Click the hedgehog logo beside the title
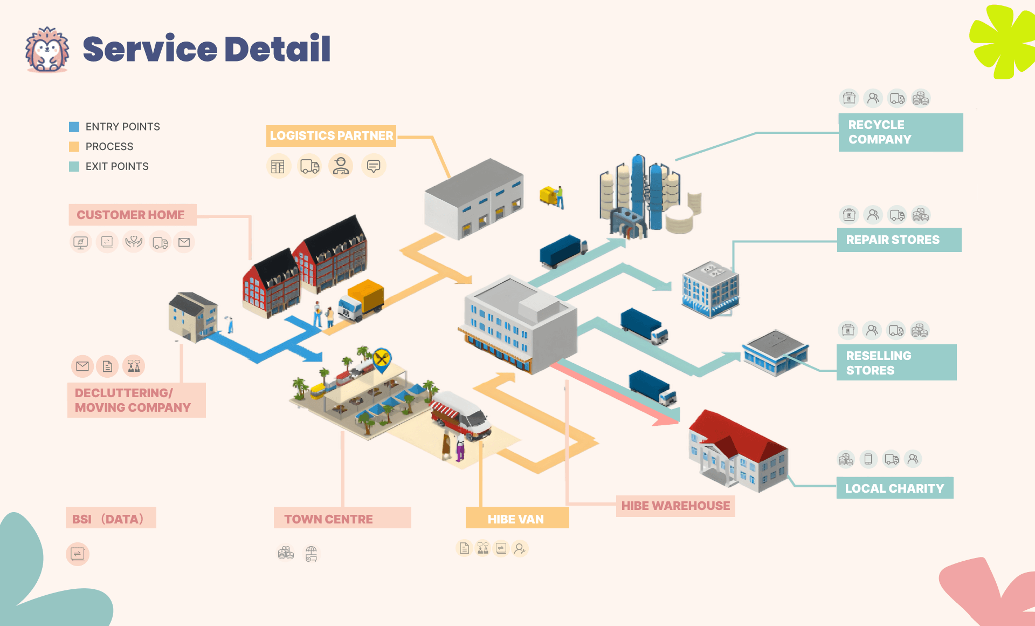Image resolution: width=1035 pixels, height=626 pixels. click(x=47, y=50)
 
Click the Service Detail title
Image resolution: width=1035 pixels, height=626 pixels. click(x=206, y=49)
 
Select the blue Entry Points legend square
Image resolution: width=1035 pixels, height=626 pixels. click(x=74, y=127)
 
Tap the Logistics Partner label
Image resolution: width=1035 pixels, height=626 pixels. click(x=331, y=135)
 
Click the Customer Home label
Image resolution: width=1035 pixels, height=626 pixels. click(x=131, y=215)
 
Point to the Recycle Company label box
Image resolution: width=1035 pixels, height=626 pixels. click(x=900, y=132)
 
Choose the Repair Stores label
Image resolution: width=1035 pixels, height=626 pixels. click(x=899, y=240)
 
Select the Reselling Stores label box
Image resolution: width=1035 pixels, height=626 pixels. click(x=896, y=363)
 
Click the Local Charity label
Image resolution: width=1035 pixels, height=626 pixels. click(x=894, y=488)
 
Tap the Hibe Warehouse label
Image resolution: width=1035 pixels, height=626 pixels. click(x=675, y=506)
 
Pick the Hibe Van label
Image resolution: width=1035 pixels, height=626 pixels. click(x=516, y=519)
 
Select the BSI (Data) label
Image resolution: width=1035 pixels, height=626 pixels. click(x=111, y=519)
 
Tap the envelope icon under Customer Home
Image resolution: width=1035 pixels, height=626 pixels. click(x=184, y=242)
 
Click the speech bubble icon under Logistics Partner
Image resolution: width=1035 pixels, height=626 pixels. click(x=374, y=166)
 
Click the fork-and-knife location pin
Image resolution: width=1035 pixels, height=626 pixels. click(x=382, y=359)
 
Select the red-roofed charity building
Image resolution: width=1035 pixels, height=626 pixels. click(x=738, y=451)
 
